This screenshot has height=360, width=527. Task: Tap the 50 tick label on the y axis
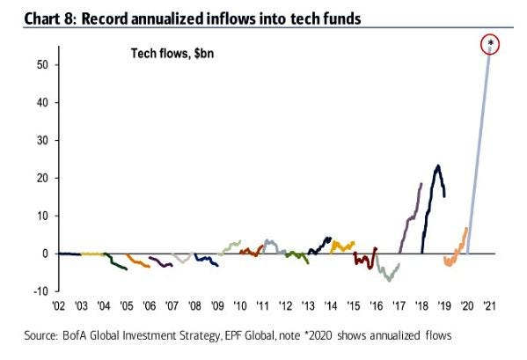[43, 64]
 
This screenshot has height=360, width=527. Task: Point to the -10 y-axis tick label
[40, 291]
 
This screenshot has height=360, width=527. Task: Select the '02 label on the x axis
[58, 306]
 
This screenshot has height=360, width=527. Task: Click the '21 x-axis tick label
[489, 306]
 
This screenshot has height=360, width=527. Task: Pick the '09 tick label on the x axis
[217, 306]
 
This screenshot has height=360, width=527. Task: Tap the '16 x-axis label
[376, 306]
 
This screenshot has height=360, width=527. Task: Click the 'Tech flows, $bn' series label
[172, 54]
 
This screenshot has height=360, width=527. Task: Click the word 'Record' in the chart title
[105, 18]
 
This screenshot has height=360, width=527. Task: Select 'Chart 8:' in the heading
[51, 18]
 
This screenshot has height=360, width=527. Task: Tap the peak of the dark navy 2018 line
[437, 165]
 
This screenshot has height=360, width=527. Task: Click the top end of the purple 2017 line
[421, 184]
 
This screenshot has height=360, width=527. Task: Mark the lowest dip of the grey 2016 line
[390, 280]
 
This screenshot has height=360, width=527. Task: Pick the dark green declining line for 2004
[115, 263]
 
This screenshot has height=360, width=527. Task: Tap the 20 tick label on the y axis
[43, 178]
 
